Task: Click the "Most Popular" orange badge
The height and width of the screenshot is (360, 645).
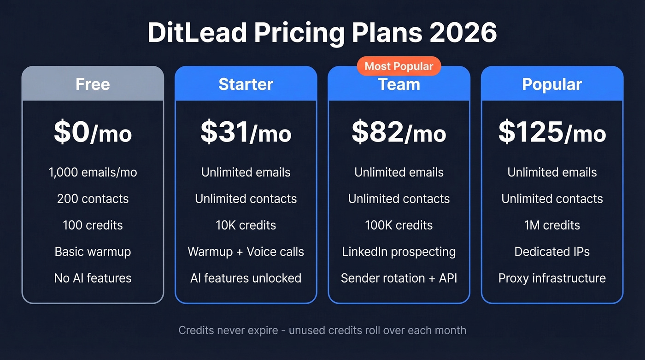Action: pyautogui.click(x=399, y=66)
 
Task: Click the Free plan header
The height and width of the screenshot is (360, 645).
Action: pyautogui.click(x=93, y=84)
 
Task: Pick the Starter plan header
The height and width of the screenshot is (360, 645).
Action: pyautogui.click(x=246, y=84)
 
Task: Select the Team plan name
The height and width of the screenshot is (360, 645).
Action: pyautogui.click(x=399, y=85)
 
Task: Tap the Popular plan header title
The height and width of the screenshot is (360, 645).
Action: pyautogui.click(x=552, y=84)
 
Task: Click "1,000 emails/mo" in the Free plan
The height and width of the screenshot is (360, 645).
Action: pyautogui.click(x=93, y=172)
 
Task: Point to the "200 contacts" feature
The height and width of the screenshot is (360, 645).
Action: pyautogui.click(x=93, y=199)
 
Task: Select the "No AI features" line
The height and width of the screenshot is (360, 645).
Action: pyautogui.click(x=93, y=278)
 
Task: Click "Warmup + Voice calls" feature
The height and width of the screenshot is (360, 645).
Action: pyautogui.click(x=246, y=252)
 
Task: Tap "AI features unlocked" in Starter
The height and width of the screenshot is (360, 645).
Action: pyautogui.click(x=246, y=278)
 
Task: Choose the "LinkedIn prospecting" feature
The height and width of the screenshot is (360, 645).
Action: pyautogui.click(x=399, y=252)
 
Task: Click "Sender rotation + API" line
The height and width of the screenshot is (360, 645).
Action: pyautogui.click(x=399, y=278)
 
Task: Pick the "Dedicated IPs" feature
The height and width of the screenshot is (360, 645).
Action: pyautogui.click(x=552, y=252)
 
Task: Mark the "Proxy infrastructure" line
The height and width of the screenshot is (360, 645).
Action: pyautogui.click(x=552, y=278)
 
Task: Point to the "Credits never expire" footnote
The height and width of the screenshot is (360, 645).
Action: pyautogui.click(x=322, y=330)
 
